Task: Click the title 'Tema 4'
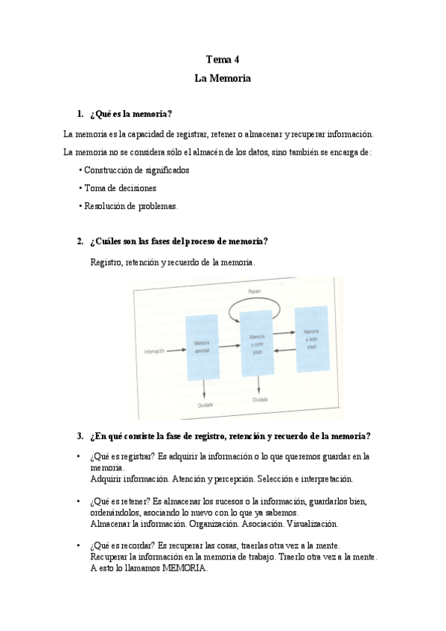[223, 60]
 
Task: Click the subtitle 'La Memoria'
[223, 77]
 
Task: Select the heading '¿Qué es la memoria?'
[130, 114]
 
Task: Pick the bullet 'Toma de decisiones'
[119, 188]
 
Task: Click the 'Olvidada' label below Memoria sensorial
[206, 405]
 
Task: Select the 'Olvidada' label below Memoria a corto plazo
[259, 400]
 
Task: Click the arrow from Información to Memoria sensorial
[174, 350]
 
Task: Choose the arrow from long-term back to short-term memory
[285, 351]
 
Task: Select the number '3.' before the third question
[80, 435]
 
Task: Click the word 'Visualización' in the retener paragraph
[310, 524]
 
